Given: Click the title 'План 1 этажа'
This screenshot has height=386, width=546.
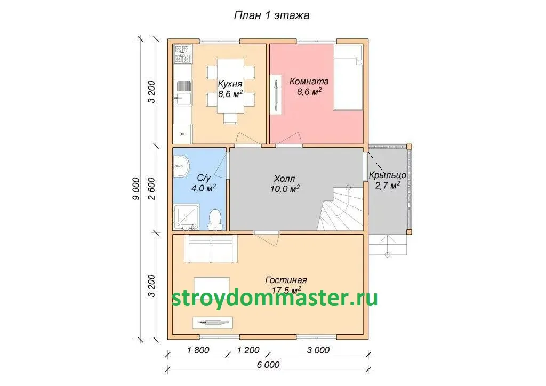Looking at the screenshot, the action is (271, 15).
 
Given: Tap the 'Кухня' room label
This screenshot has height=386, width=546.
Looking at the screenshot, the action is (230, 84).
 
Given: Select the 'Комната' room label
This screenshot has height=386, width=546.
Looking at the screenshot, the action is (309, 82).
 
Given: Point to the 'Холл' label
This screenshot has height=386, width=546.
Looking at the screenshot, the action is (285, 179).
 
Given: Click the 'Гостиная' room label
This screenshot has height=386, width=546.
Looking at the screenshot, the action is (286, 280).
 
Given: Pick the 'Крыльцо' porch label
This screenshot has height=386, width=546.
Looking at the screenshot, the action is (387, 175).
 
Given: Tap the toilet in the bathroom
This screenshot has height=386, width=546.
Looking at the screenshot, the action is (215, 220).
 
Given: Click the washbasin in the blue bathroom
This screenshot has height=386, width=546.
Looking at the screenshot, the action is (181, 166).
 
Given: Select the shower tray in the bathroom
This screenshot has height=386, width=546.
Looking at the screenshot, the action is (186, 217).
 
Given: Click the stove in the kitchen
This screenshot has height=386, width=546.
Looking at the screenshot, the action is (183, 54).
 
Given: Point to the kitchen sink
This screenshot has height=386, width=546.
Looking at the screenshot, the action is (183, 93).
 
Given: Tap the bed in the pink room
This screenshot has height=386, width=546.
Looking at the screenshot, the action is (349, 77).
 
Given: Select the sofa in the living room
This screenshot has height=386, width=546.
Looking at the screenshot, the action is (211, 249).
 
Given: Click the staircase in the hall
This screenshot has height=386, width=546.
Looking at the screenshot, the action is (342, 208).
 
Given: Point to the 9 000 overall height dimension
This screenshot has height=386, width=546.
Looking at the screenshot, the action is (136, 189).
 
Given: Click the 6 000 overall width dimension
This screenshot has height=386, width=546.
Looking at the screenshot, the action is (268, 365).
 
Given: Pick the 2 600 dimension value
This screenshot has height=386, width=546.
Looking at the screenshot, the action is (151, 189).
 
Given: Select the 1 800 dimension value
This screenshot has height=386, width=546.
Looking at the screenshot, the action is (198, 350).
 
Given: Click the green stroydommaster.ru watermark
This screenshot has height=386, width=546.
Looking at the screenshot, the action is (275, 298).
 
